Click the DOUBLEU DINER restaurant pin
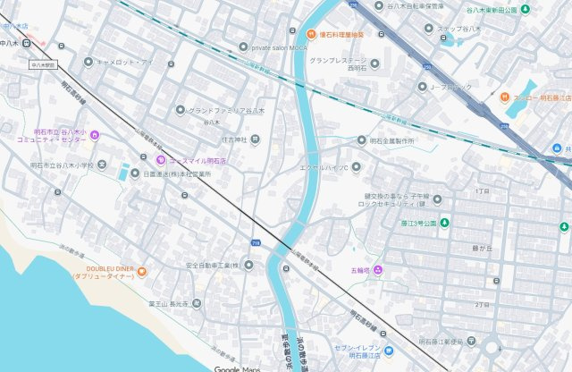(142, 271)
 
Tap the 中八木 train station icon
(29, 41)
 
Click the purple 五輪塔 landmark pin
(378, 269)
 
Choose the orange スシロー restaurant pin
(505, 97)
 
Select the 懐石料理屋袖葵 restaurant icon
(312, 34)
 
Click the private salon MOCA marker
(243, 46)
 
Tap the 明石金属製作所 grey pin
(362, 140)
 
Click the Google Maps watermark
(236, 368)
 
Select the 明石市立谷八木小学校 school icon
(102, 165)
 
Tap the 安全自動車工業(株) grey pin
(247, 265)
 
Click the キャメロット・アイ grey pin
(88, 62)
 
